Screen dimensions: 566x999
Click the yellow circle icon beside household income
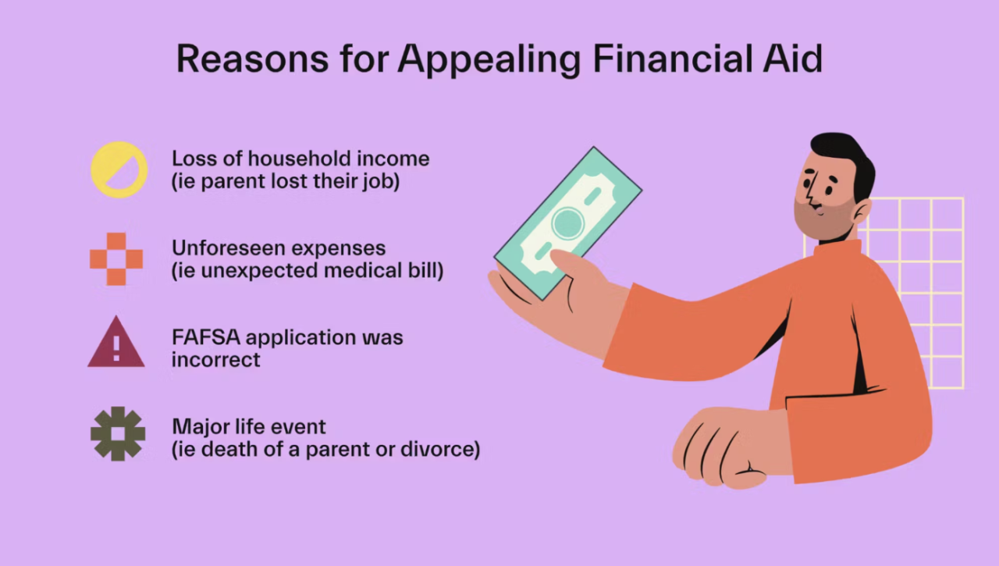pyautogui.click(x=119, y=169)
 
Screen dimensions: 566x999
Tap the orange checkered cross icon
pyautogui.click(x=116, y=258)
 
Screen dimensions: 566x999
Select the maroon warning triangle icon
pyautogui.click(x=116, y=343)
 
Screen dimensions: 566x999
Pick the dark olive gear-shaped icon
pyautogui.click(x=118, y=433)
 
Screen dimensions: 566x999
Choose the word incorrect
pyautogui.click(x=216, y=360)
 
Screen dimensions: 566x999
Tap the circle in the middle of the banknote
pyautogui.click(x=567, y=223)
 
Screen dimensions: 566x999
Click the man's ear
pyautogui.click(x=860, y=211)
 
